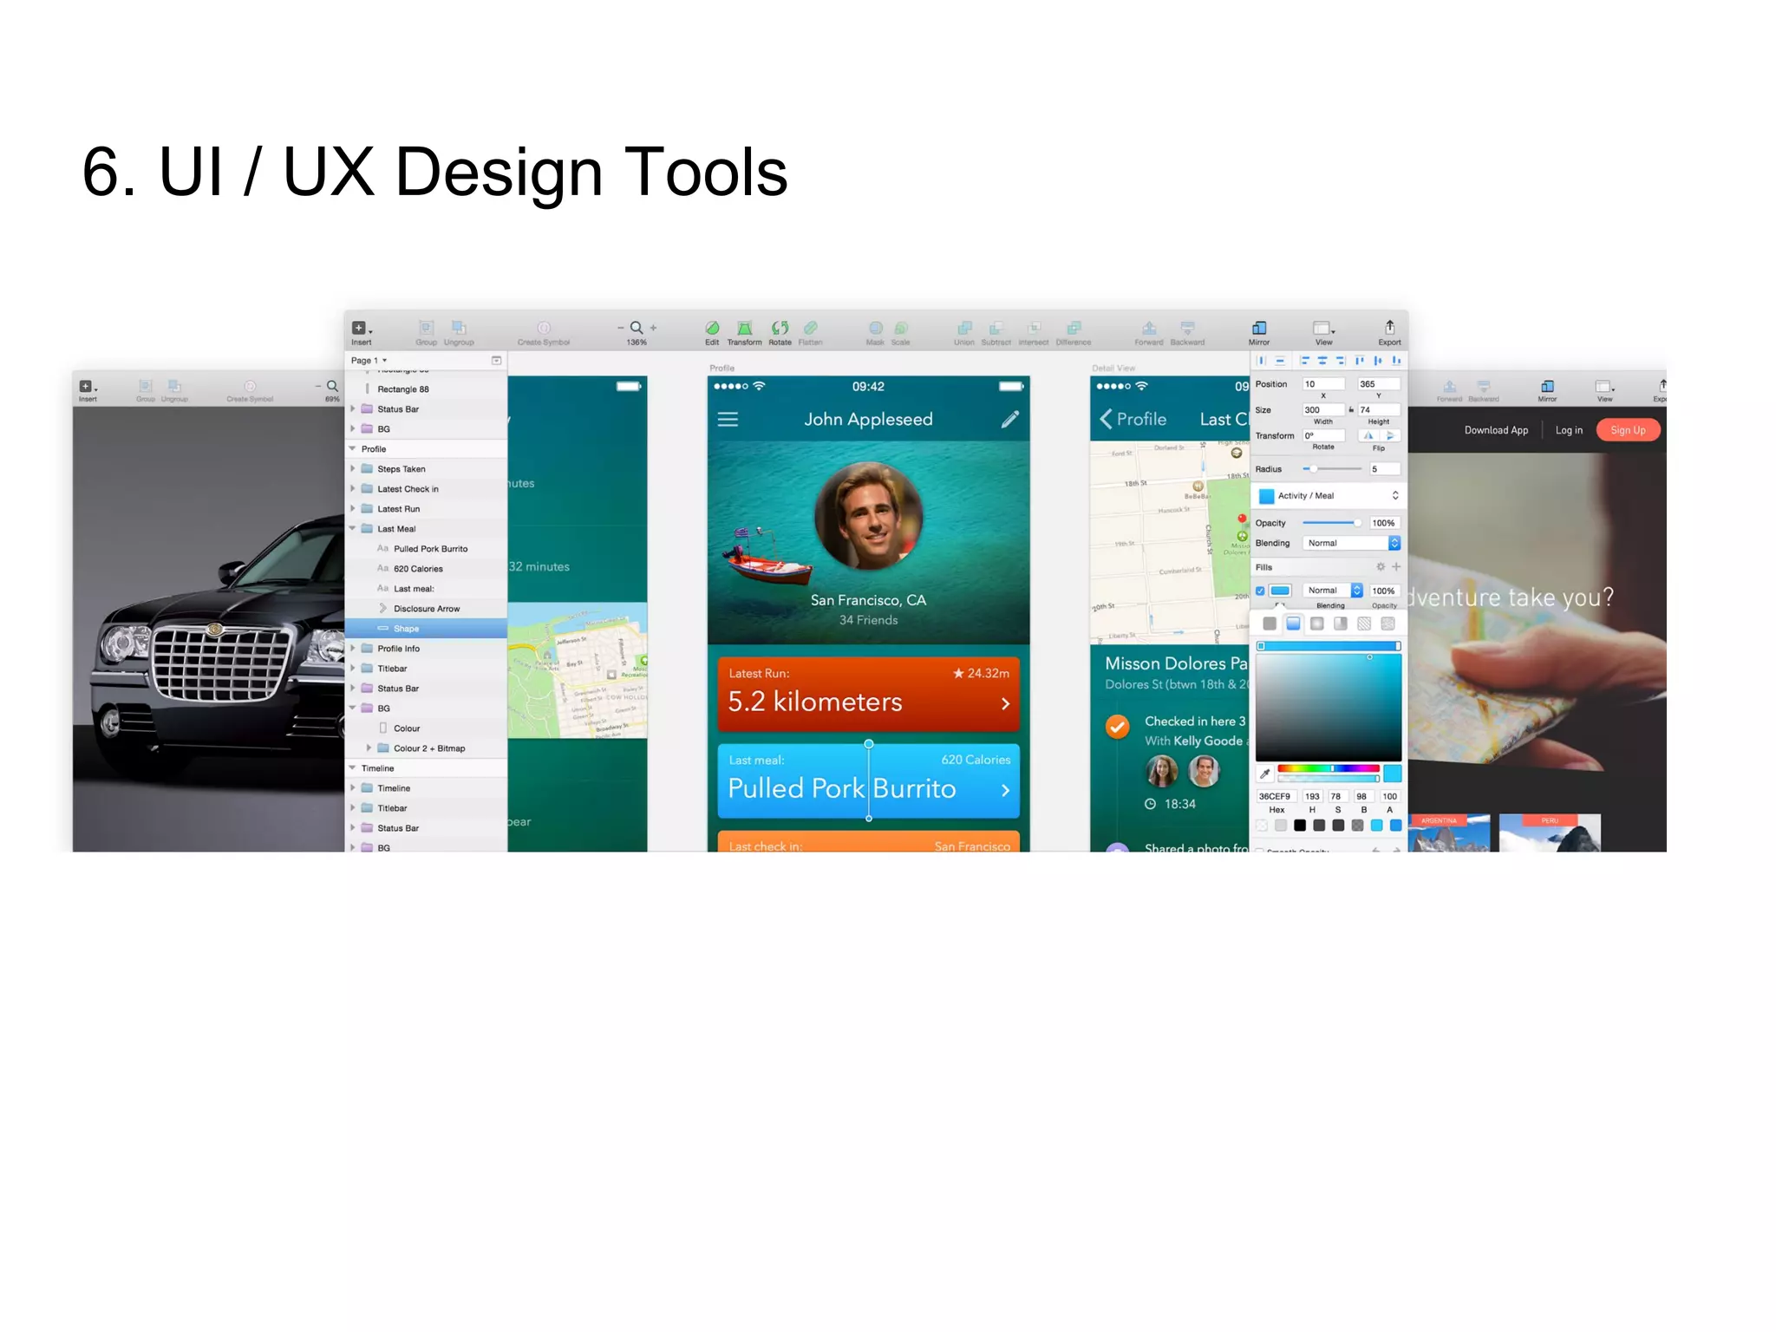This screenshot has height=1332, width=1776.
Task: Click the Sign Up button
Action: [1628, 430]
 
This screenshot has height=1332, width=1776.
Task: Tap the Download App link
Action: [1496, 430]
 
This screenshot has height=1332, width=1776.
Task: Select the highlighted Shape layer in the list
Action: [406, 629]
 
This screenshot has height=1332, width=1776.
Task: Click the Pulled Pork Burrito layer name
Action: [430, 549]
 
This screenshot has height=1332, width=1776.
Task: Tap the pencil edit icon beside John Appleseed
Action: [1010, 420]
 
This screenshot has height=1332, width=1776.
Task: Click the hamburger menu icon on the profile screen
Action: [728, 420]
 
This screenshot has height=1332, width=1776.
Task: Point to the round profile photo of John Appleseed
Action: [868, 515]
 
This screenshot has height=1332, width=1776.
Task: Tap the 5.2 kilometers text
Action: [815, 702]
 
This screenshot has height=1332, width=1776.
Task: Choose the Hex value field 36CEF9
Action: [1274, 796]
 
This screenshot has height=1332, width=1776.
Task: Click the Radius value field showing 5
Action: [1384, 469]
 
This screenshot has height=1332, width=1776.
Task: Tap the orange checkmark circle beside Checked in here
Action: [1118, 727]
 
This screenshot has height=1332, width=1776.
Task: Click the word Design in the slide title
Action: [499, 173]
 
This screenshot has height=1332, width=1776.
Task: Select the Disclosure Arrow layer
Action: [426, 609]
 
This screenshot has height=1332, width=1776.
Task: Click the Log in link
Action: [1569, 430]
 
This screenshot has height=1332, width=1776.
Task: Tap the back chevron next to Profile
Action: [1106, 420]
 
